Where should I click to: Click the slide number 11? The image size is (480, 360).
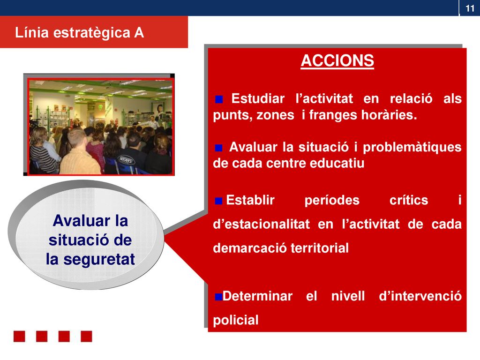tap(470, 8)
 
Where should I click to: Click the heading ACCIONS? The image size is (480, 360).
tap(337, 60)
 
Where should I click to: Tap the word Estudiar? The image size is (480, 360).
tap(258, 98)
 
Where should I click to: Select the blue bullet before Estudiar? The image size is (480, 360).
tap(219, 99)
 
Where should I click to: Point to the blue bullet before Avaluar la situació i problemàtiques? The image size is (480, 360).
tap(218, 148)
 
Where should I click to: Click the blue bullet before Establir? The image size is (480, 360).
tap(218, 201)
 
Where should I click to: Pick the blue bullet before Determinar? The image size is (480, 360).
tap(218, 297)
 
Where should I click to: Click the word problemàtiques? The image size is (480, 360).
tap(412, 148)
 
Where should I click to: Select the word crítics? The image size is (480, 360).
tap(409, 200)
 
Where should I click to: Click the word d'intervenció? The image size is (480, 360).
tap(420, 296)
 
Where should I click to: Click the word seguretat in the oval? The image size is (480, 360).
tap(99, 260)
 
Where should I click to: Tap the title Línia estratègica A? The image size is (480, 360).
tap(79, 32)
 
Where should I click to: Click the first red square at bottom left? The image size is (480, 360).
tap(19, 336)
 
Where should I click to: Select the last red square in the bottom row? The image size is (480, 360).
tap(86, 336)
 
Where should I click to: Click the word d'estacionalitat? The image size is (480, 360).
tap(262, 224)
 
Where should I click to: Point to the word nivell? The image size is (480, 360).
tap(348, 296)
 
